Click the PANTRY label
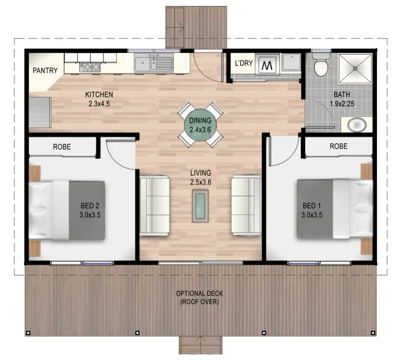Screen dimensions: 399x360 pos(45,70)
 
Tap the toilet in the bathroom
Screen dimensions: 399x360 pos(321,65)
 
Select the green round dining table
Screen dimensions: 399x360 pos(200,125)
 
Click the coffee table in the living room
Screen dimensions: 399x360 pos(200,206)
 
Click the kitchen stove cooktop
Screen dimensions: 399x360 pos(90,67)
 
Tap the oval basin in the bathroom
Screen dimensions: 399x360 pos(357,125)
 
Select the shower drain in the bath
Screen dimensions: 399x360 pos(355,68)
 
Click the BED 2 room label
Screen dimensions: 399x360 pos(90,205)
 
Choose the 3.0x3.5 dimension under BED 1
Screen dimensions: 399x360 pos(312,215)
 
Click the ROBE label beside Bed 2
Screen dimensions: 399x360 pos(62,147)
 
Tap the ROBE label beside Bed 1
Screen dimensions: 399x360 pos(339,146)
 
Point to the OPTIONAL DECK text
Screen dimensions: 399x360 pos(199,293)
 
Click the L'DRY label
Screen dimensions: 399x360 pos(244,63)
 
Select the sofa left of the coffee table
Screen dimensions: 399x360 pos(155,205)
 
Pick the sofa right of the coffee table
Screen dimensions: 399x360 pos(246,205)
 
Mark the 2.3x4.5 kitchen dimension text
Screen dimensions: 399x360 pos(99,104)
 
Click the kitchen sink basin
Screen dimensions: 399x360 pos(143,63)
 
